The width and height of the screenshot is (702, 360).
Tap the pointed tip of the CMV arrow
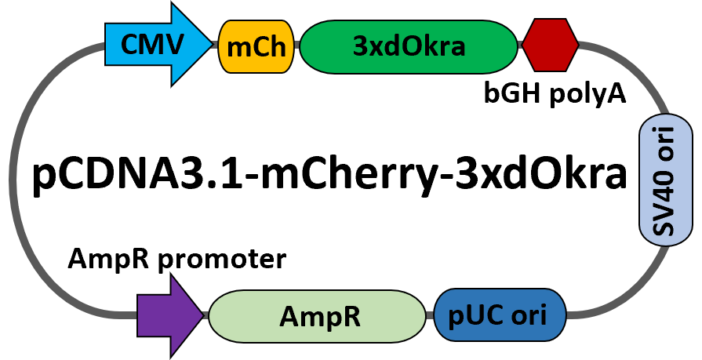pos(209,45)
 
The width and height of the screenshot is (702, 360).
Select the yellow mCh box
pos(256,46)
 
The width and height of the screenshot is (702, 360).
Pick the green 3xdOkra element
pos(409,46)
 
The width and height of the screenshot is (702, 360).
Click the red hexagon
pos(550,46)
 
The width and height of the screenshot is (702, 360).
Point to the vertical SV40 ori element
pos(665,180)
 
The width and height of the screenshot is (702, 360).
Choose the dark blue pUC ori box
pos(500,315)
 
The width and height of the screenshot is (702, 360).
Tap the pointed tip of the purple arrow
pos(201,315)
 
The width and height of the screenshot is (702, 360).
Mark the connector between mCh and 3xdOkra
pos(297,46)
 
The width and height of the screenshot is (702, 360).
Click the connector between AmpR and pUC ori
pos(430,315)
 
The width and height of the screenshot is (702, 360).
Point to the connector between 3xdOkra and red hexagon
pos(520,46)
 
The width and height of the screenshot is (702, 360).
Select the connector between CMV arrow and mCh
pos(215,45)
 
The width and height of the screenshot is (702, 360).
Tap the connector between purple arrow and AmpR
pos(206,315)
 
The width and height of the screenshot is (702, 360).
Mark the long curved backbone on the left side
pos(14,180)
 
